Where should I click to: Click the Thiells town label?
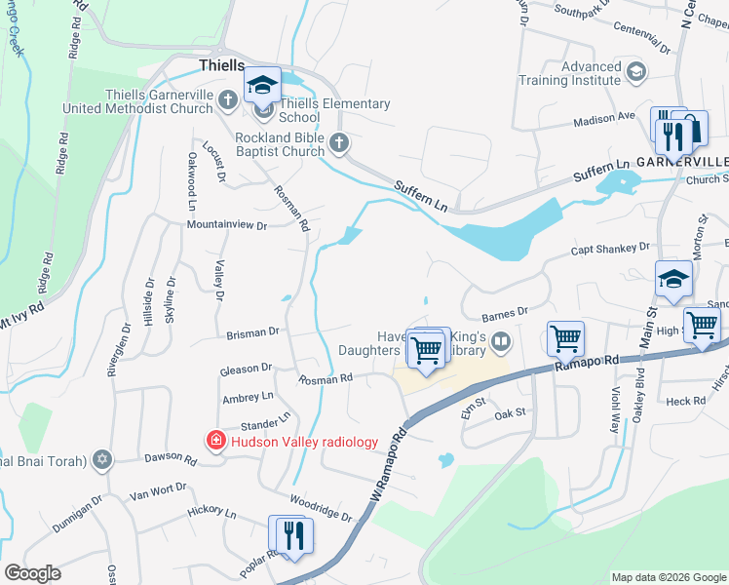(x=221, y=64)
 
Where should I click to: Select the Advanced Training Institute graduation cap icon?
(x=636, y=72)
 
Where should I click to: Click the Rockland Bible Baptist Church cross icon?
(x=339, y=143)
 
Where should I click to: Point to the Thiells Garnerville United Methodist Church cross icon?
(x=227, y=99)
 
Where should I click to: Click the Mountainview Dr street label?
(x=227, y=225)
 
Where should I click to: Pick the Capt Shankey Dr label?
(x=610, y=249)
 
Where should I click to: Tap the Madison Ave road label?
(x=604, y=117)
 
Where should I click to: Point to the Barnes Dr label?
(x=505, y=313)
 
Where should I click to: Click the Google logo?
(x=32, y=573)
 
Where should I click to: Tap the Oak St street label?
(x=510, y=413)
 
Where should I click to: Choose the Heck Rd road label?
(x=686, y=402)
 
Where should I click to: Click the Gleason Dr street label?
(x=246, y=368)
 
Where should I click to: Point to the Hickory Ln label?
(x=211, y=512)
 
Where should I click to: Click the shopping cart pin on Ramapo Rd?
(x=565, y=338)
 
